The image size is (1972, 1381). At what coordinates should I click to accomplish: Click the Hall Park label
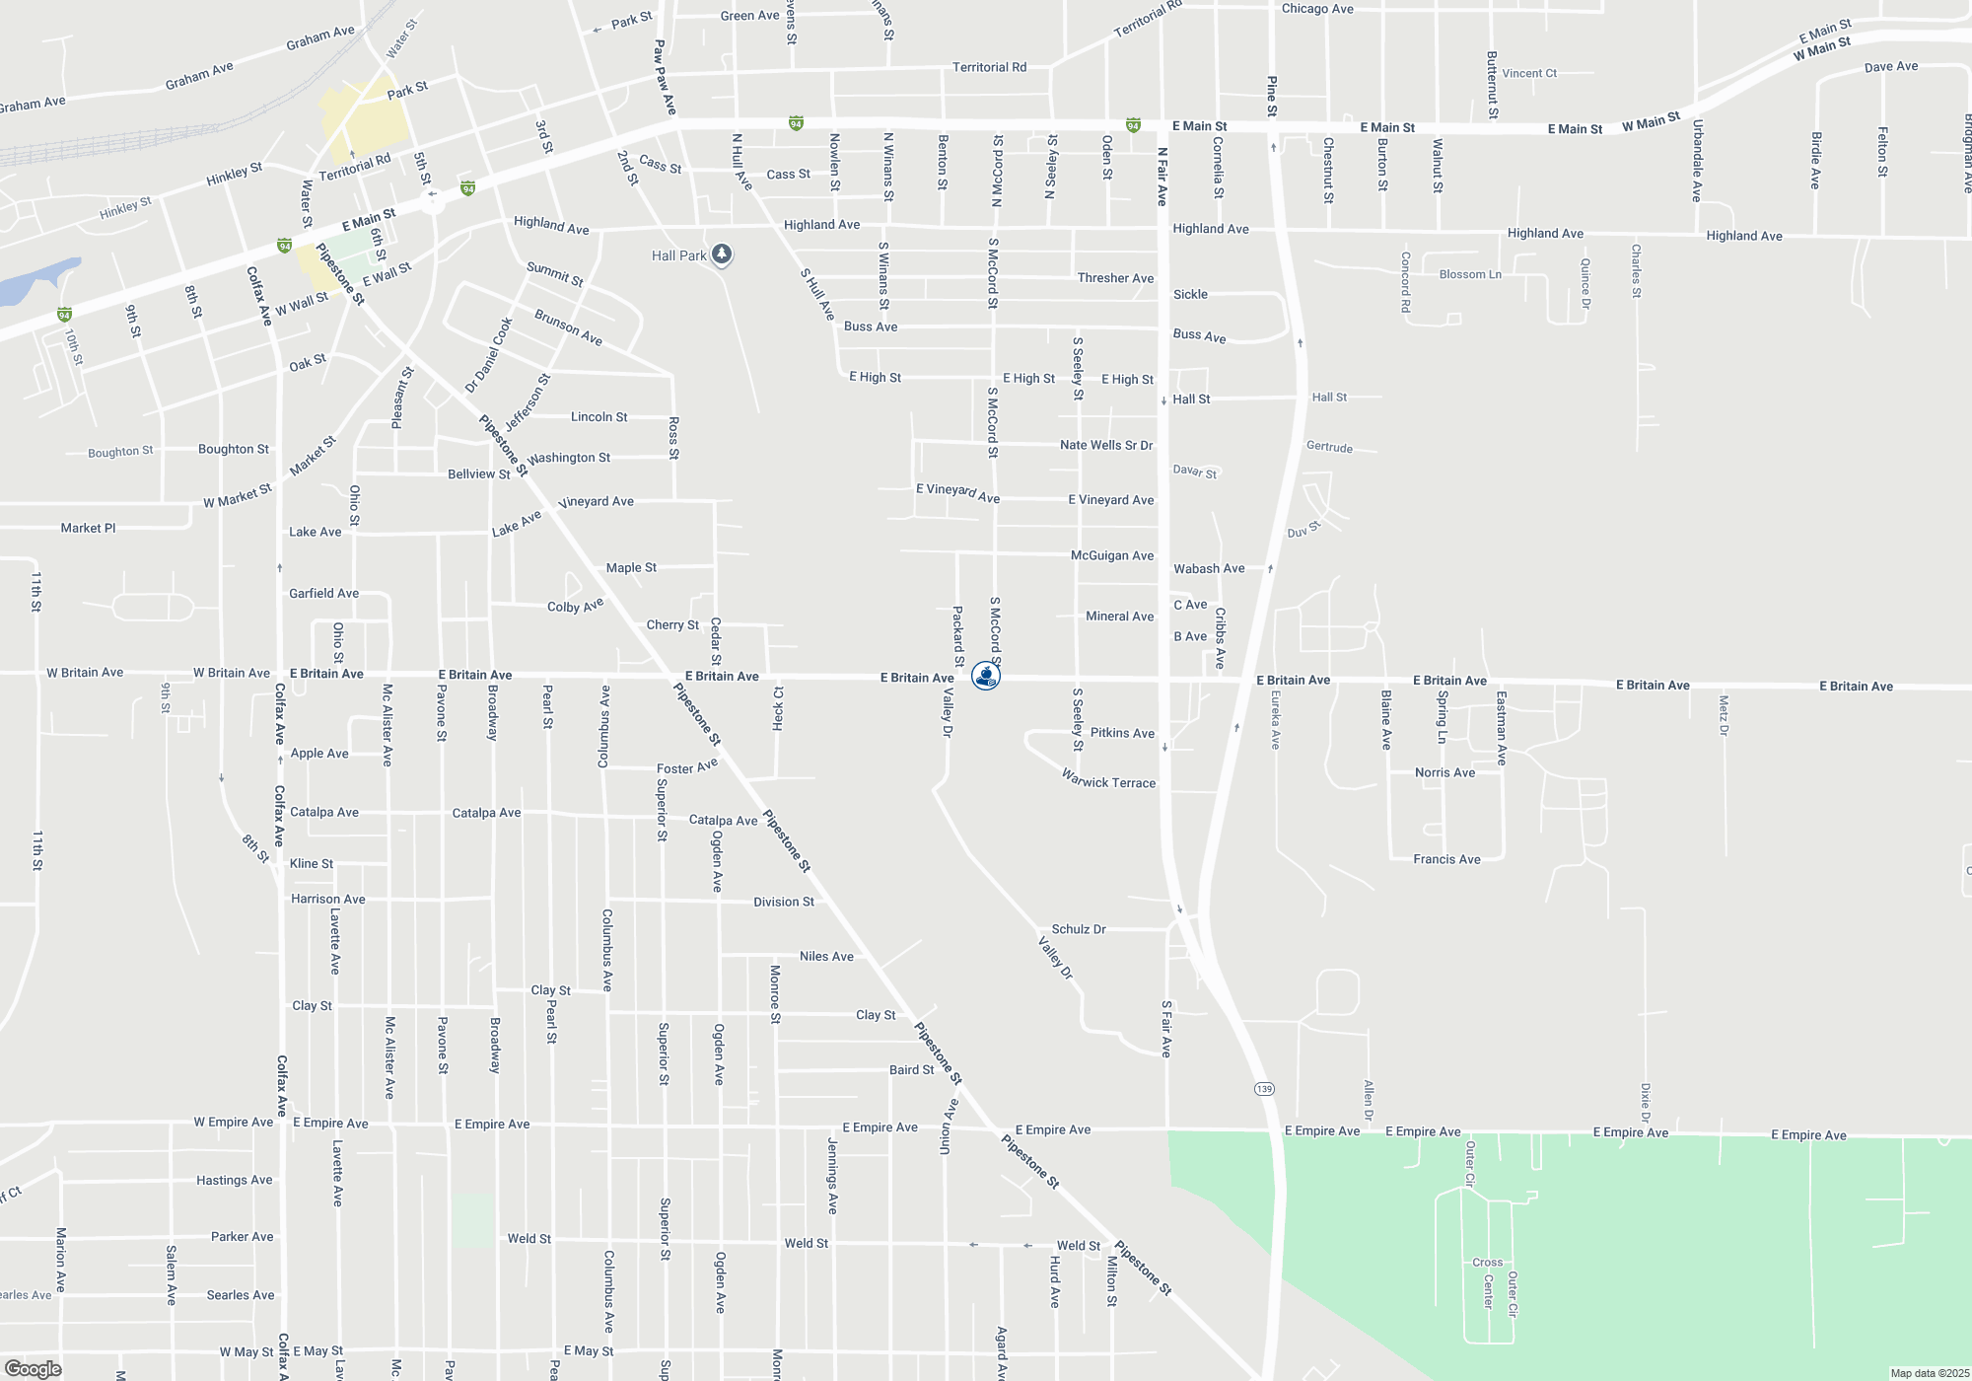pyautogui.click(x=678, y=255)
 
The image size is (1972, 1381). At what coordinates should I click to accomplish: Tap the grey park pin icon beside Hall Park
pyautogui.click(x=722, y=254)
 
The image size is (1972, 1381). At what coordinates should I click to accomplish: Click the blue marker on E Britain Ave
pyautogui.click(x=986, y=676)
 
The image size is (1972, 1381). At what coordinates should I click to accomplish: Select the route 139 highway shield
pyautogui.click(x=1264, y=1089)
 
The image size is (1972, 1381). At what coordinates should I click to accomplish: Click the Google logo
pyautogui.click(x=33, y=1369)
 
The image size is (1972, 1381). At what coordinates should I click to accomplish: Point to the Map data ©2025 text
pyautogui.click(x=1930, y=1373)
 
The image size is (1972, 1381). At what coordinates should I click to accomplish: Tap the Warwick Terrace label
pyautogui.click(x=1108, y=780)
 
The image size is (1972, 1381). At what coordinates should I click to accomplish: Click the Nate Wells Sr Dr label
pyautogui.click(x=1106, y=445)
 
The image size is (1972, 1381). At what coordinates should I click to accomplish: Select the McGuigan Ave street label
pyautogui.click(x=1112, y=555)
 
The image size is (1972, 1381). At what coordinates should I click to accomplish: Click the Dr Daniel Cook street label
pyautogui.click(x=489, y=355)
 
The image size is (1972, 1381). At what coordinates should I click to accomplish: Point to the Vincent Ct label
pyautogui.click(x=1529, y=73)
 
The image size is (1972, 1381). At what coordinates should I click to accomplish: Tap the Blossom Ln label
pyautogui.click(x=1470, y=274)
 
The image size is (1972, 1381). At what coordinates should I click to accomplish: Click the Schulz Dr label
pyautogui.click(x=1079, y=929)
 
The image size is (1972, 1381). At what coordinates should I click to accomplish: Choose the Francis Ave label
pyautogui.click(x=1446, y=859)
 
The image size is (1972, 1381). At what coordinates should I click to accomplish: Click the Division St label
pyautogui.click(x=784, y=902)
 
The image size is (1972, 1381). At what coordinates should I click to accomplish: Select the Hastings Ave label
pyautogui.click(x=235, y=1180)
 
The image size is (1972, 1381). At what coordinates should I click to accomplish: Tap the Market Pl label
pyautogui.click(x=88, y=528)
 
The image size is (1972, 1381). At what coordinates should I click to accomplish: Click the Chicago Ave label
pyautogui.click(x=1317, y=9)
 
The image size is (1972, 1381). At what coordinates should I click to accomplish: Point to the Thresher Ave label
pyautogui.click(x=1115, y=278)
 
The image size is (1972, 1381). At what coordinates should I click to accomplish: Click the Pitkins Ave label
pyautogui.click(x=1122, y=733)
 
